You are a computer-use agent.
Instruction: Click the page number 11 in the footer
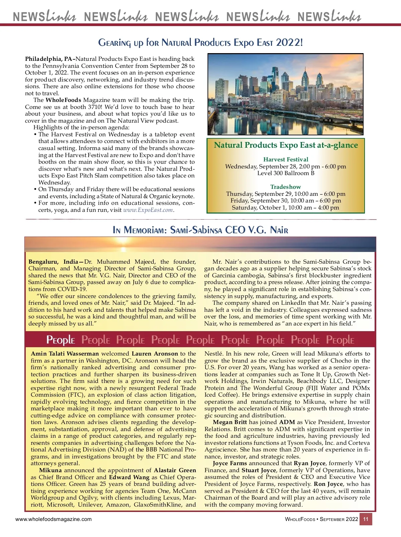[x=366, y=519]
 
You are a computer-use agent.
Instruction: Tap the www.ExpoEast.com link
[x=148, y=210]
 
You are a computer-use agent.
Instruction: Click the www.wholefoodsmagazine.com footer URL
[x=53, y=519]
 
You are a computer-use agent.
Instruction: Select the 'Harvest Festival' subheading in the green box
[x=286, y=159]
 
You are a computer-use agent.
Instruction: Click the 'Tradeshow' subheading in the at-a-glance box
[x=286, y=187]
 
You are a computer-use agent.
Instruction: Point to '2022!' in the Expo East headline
[x=289, y=43]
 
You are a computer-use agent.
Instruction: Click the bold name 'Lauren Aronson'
[x=155, y=354]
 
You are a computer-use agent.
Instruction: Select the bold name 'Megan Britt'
[x=230, y=422]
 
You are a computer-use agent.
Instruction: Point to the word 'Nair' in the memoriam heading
[x=279, y=230]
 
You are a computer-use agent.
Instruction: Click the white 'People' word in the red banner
[x=60, y=340]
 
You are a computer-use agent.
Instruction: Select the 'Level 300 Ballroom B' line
[x=286, y=173]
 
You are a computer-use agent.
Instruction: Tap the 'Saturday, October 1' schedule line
[x=286, y=208]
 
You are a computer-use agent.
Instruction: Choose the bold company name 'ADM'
[x=287, y=422]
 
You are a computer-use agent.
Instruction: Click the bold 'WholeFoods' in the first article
[x=63, y=100]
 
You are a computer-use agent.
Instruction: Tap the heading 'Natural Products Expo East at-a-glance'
[x=286, y=145]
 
